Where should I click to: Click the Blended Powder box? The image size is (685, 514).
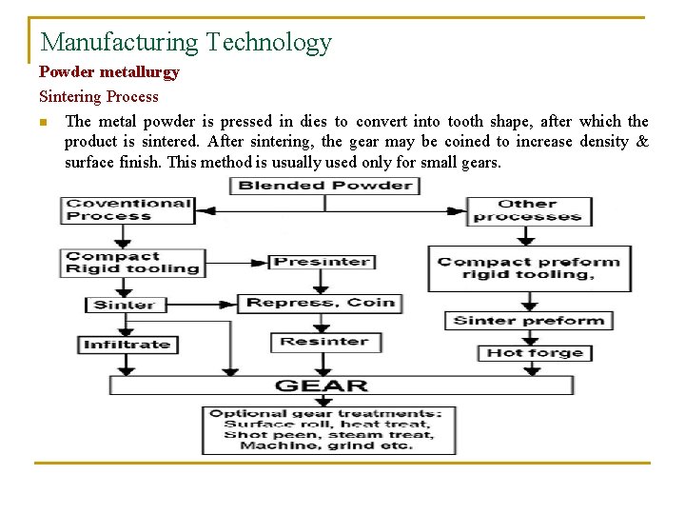(x=325, y=185)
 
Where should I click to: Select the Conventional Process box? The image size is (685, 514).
(x=127, y=209)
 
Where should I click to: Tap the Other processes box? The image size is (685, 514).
(x=529, y=210)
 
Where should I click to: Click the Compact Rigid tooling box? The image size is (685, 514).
(x=132, y=263)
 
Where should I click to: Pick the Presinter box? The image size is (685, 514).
(x=322, y=262)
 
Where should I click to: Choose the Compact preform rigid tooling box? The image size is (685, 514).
(x=529, y=268)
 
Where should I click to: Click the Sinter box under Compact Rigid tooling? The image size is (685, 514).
(x=125, y=305)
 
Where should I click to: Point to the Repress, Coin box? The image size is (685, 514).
(x=320, y=304)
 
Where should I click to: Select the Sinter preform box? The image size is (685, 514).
(x=529, y=321)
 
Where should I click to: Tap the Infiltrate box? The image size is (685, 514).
(x=127, y=345)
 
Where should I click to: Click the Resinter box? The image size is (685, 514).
(x=323, y=342)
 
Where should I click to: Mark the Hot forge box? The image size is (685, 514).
(x=535, y=353)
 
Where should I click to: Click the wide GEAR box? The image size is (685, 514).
(x=342, y=385)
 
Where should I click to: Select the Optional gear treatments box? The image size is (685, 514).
(x=327, y=429)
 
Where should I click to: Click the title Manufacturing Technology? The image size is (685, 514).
(x=186, y=43)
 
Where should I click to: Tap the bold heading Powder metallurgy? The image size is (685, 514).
(x=108, y=72)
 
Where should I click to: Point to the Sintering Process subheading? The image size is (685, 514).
(x=98, y=96)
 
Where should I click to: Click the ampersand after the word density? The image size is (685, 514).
(x=642, y=142)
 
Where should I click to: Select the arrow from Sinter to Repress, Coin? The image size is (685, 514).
(x=203, y=305)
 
